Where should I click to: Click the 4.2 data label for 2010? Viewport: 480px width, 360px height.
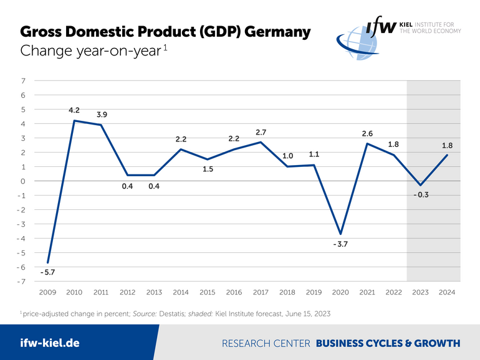click(74, 110)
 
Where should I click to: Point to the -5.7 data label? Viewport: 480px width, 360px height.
click(47, 272)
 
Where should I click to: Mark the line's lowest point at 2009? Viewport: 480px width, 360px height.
click(48, 262)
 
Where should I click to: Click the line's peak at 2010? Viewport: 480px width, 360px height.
click(75, 121)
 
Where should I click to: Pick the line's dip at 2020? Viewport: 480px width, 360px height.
click(340, 234)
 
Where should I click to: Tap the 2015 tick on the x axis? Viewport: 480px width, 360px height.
click(207, 291)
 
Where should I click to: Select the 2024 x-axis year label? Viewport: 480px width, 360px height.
click(447, 291)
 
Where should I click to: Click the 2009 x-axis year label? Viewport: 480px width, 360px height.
click(48, 291)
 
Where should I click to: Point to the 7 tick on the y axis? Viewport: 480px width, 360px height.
click(23, 81)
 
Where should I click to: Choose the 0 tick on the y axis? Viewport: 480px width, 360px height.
click(23, 181)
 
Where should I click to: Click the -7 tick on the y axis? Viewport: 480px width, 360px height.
click(22, 282)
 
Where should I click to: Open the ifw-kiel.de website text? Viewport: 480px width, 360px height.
click(50, 343)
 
